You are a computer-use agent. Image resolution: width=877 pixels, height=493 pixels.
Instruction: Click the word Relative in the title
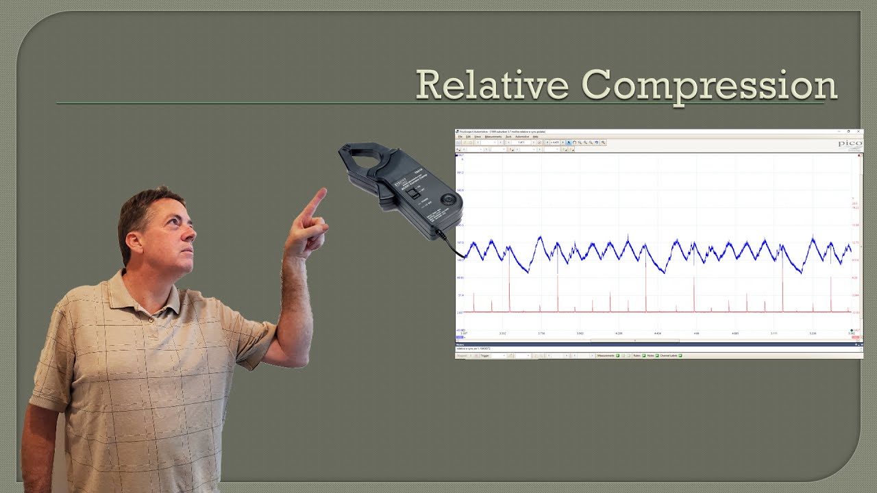[x=491, y=85]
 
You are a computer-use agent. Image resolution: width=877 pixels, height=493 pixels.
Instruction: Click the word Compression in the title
[x=709, y=86]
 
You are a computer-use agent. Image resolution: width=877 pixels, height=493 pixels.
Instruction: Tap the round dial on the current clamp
[x=448, y=199]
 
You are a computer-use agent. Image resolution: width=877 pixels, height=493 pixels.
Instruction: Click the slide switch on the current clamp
[x=413, y=194]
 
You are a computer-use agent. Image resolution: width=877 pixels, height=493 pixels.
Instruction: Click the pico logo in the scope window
[x=850, y=144]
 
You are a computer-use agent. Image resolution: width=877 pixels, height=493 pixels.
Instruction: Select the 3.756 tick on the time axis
[x=541, y=333]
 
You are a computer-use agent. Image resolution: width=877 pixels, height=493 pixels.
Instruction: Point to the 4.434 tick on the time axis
[x=658, y=333]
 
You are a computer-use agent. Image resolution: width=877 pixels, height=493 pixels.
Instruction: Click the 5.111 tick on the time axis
[x=774, y=333]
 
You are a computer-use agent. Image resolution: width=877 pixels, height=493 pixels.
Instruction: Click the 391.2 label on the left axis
[x=460, y=173]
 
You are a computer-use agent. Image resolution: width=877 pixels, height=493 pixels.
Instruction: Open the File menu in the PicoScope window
[x=460, y=137]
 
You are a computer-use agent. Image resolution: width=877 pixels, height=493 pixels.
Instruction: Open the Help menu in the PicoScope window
[x=535, y=137]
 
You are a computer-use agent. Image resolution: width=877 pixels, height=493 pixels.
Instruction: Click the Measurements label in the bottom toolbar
[x=606, y=356]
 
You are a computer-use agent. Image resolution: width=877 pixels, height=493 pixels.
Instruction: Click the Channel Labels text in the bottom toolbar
[x=668, y=356]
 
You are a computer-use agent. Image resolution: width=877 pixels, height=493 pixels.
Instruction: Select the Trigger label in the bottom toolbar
[x=485, y=356]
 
